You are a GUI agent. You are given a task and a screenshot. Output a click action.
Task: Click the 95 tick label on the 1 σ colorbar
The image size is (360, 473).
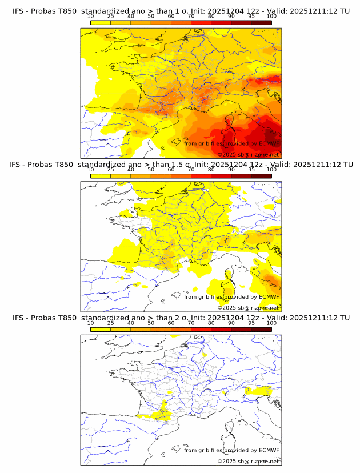251,16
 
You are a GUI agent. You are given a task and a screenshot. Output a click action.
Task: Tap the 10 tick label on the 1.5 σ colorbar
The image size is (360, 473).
90,170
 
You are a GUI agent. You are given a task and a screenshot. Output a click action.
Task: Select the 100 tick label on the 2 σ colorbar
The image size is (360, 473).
271,323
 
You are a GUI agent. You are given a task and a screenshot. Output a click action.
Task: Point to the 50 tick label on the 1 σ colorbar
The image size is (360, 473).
151,16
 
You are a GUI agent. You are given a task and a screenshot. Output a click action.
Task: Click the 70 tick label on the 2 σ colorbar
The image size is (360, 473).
191,323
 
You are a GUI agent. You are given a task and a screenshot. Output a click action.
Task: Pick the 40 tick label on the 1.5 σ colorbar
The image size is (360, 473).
131,170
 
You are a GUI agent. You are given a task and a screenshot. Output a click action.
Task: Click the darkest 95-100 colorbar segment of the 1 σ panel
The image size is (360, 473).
262,22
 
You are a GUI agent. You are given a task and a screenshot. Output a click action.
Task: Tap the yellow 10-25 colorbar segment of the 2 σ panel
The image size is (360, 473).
101,329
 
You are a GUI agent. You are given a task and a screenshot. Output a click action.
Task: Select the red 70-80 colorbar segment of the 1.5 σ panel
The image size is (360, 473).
201,176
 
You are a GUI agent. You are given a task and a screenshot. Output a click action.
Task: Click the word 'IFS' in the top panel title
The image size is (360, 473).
19,11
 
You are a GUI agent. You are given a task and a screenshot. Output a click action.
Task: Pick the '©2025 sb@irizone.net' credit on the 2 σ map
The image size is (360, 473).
248,461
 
